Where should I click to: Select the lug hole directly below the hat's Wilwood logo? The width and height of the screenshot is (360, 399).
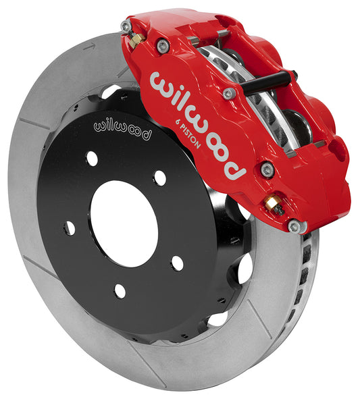pos(92,159)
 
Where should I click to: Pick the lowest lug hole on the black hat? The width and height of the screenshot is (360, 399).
pos(120,291)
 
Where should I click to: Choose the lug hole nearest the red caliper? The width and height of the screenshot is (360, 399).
pos(160,178)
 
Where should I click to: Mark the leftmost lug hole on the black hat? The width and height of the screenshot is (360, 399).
pos(69,228)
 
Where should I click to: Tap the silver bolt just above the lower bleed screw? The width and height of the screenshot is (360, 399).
pos(267,169)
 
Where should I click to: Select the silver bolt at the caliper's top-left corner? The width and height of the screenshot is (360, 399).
pos(126,26)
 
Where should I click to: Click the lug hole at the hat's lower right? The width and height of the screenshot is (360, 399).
pos(177,263)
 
